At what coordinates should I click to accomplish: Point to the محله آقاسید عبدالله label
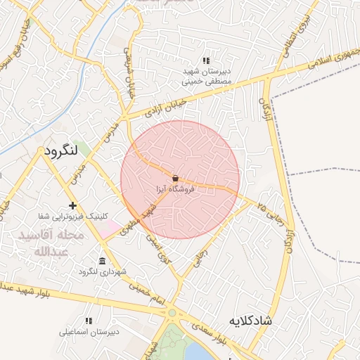coord(50,243)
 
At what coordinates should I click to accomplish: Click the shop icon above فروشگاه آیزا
coord(175,177)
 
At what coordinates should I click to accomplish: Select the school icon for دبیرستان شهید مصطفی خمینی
coord(206,60)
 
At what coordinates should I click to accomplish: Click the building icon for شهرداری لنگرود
coord(103,262)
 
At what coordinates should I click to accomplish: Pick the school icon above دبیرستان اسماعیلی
coord(88,321)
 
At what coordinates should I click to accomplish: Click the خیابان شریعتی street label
coord(129,74)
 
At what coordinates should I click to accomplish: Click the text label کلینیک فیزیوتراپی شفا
coord(71,216)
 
